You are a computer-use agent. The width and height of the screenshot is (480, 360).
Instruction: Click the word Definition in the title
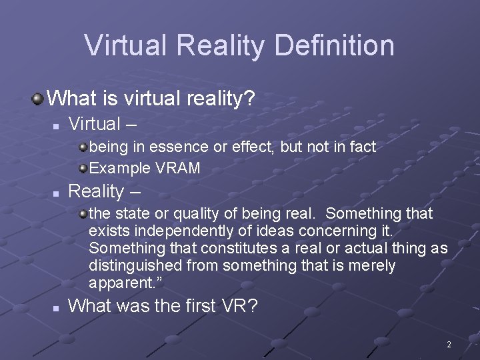pos(334,46)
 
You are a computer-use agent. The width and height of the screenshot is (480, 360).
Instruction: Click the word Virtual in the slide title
pos(127,46)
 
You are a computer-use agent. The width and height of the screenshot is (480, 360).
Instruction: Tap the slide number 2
pos(449,345)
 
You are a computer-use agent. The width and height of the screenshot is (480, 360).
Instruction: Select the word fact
pos(362,147)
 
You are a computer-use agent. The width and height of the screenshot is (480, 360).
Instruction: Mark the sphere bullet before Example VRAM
pos(82,168)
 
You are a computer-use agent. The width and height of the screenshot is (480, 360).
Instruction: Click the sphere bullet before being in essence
pos(82,147)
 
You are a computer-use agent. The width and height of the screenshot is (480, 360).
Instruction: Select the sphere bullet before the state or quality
pos(82,213)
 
